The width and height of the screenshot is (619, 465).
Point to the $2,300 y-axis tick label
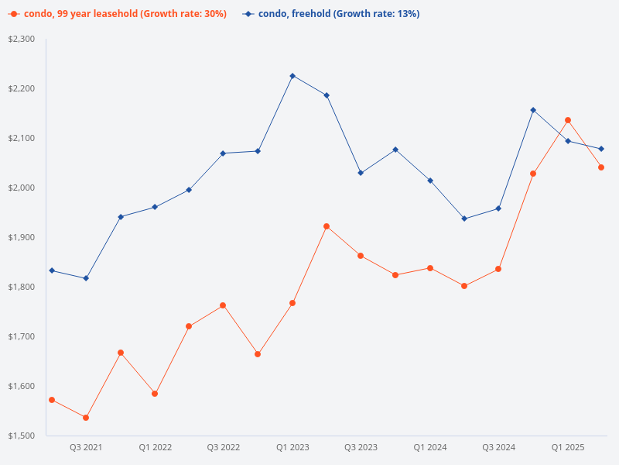(23, 39)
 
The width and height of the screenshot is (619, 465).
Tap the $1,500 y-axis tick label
(23, 436)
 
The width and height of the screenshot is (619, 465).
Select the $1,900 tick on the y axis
(23, 237)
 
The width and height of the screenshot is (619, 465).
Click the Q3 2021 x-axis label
(86, 447)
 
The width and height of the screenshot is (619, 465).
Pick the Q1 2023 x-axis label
(292, 447)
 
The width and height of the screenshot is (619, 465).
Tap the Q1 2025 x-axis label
(567, 447)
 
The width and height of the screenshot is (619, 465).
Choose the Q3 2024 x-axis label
(498, 447)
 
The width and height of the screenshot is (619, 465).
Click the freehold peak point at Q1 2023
(292, 76)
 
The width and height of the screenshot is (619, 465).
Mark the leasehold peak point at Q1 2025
(568, 120)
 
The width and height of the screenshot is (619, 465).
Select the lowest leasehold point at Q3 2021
(86, 418)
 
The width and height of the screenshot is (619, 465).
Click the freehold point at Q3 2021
(86, 278)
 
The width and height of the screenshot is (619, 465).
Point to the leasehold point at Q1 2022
(155, 394)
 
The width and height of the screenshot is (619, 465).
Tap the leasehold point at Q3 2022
(223, 305)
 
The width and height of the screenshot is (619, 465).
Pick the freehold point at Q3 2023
(361, 173)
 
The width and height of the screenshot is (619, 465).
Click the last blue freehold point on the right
(601, 149)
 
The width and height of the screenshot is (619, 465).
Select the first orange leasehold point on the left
(52, 400)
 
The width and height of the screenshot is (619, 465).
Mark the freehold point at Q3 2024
(498, 208)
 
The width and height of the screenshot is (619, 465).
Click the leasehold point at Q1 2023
(292, 303)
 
